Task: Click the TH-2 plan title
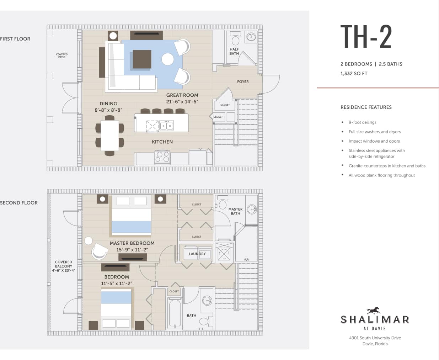[366, 37]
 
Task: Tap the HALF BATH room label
[234, 52]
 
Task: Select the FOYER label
[243, 82]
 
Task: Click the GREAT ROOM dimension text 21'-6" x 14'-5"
[182, 102]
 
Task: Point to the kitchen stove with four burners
[162, 157]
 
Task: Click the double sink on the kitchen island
[166, 126]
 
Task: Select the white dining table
[109, 136]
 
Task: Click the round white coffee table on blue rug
[168, 59]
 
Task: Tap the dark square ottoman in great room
[142, 59]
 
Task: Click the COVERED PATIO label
[61, 56]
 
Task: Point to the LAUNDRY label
[197, 254]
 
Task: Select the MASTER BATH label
[235, 211]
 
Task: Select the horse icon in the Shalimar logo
[374, 311]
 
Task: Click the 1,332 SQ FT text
[354, 74]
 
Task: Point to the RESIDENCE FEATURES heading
[366, 107]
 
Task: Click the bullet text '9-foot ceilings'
[362, 122]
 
